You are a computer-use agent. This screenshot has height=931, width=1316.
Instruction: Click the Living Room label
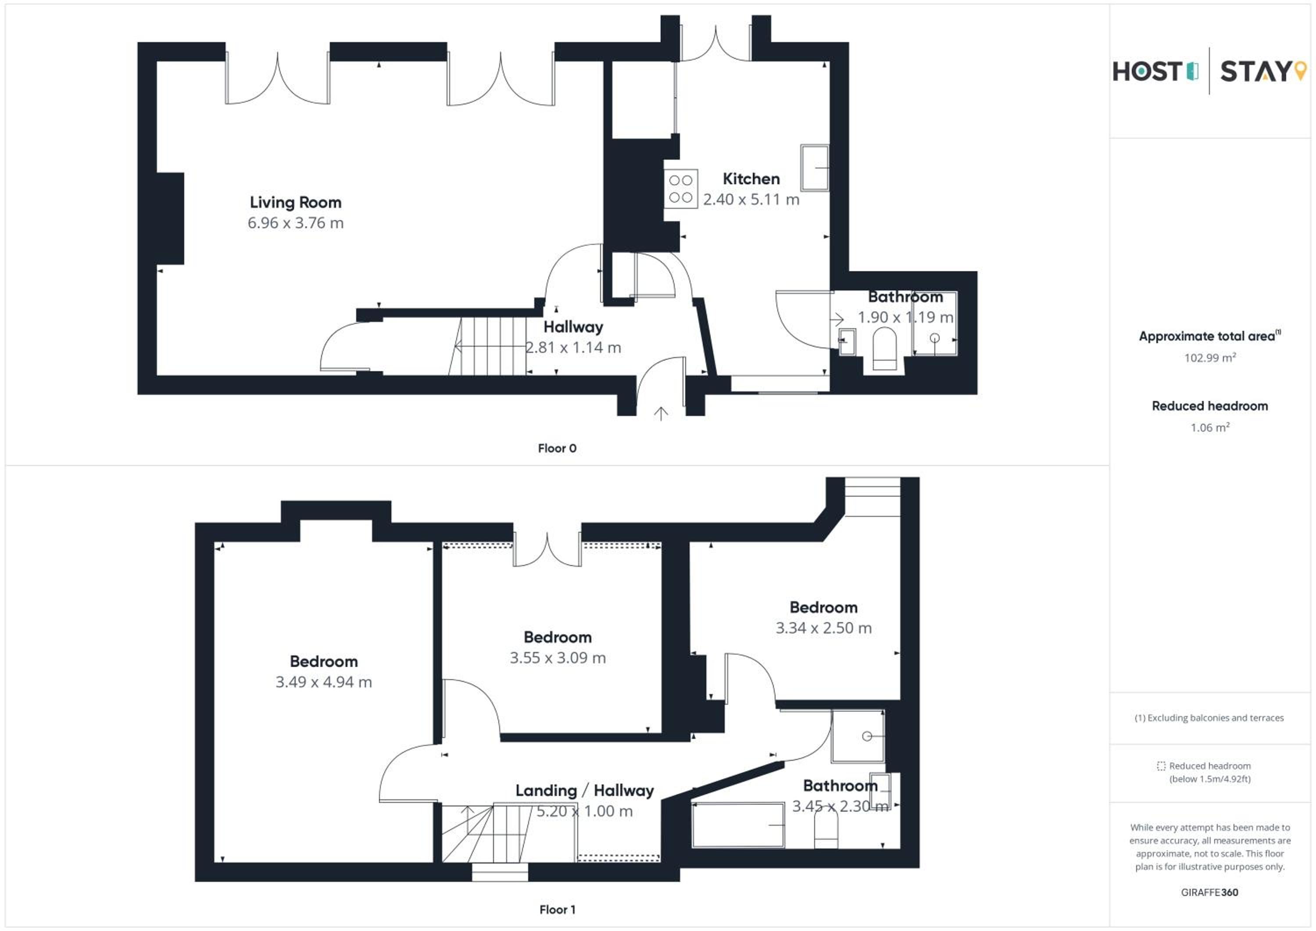point(295,202)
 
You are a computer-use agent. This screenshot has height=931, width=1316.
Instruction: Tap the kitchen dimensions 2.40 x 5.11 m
point(751,200)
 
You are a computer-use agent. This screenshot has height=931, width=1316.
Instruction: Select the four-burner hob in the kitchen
point(681,189)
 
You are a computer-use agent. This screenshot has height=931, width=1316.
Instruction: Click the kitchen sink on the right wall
point(815,168)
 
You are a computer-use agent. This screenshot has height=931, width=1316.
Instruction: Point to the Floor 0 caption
point(557,448)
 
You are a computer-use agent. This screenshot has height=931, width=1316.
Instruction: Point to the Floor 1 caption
point(557,909)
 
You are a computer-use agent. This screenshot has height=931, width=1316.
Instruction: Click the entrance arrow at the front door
point(661,413)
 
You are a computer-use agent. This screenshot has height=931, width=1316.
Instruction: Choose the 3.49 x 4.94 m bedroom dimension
point(324,682)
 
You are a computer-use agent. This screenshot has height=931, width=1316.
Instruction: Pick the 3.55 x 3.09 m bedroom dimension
point(558,658)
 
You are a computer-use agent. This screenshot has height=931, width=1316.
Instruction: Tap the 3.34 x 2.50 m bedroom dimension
point(824,628)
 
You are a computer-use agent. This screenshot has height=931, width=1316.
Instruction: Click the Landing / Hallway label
point(585,791)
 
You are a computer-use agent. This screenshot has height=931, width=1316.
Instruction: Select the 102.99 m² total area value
point(1210,358)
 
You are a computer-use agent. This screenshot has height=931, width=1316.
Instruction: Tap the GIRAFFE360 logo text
point(1209,892)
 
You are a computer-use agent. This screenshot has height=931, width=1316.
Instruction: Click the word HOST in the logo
point(1147,72)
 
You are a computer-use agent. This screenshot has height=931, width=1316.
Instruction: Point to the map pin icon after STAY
point(1301,71)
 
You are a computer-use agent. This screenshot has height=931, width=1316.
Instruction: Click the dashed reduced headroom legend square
point(1161,766)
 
